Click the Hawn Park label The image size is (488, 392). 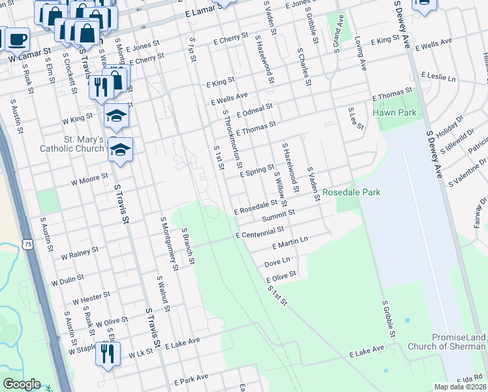394,112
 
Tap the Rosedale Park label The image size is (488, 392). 351,193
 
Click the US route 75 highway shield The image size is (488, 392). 26,244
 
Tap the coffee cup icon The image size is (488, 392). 16,39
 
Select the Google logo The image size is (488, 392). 22,384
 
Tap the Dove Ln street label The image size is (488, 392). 277,261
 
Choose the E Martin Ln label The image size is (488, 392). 290,244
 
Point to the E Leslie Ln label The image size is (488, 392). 438,76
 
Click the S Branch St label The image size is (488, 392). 188,246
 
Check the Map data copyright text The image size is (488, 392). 460,387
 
